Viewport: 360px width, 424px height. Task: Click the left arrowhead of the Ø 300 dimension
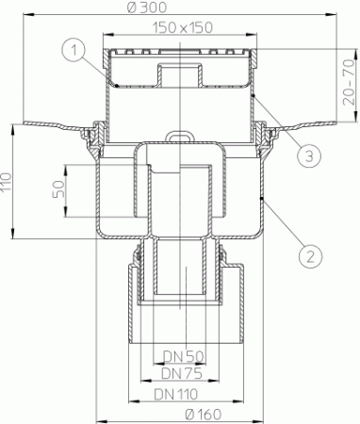[22, 17]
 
